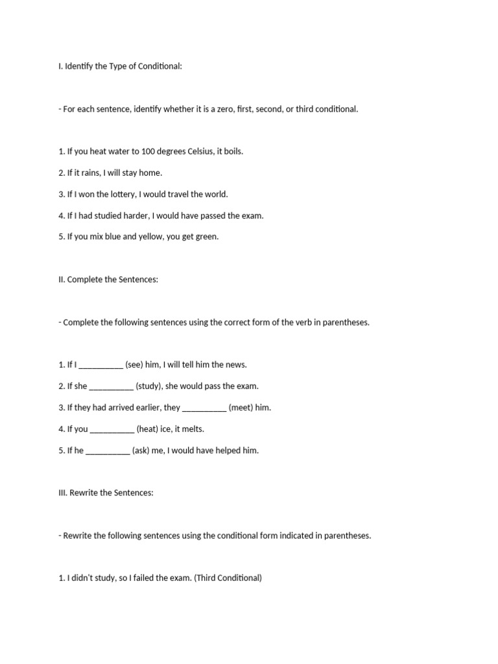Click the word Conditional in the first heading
point(161,66)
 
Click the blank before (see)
point(101,365)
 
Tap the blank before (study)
point(111,386)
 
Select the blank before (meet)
point(204,408)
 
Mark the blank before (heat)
point(112,429)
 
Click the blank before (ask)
point(108,451)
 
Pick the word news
point(236,365)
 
